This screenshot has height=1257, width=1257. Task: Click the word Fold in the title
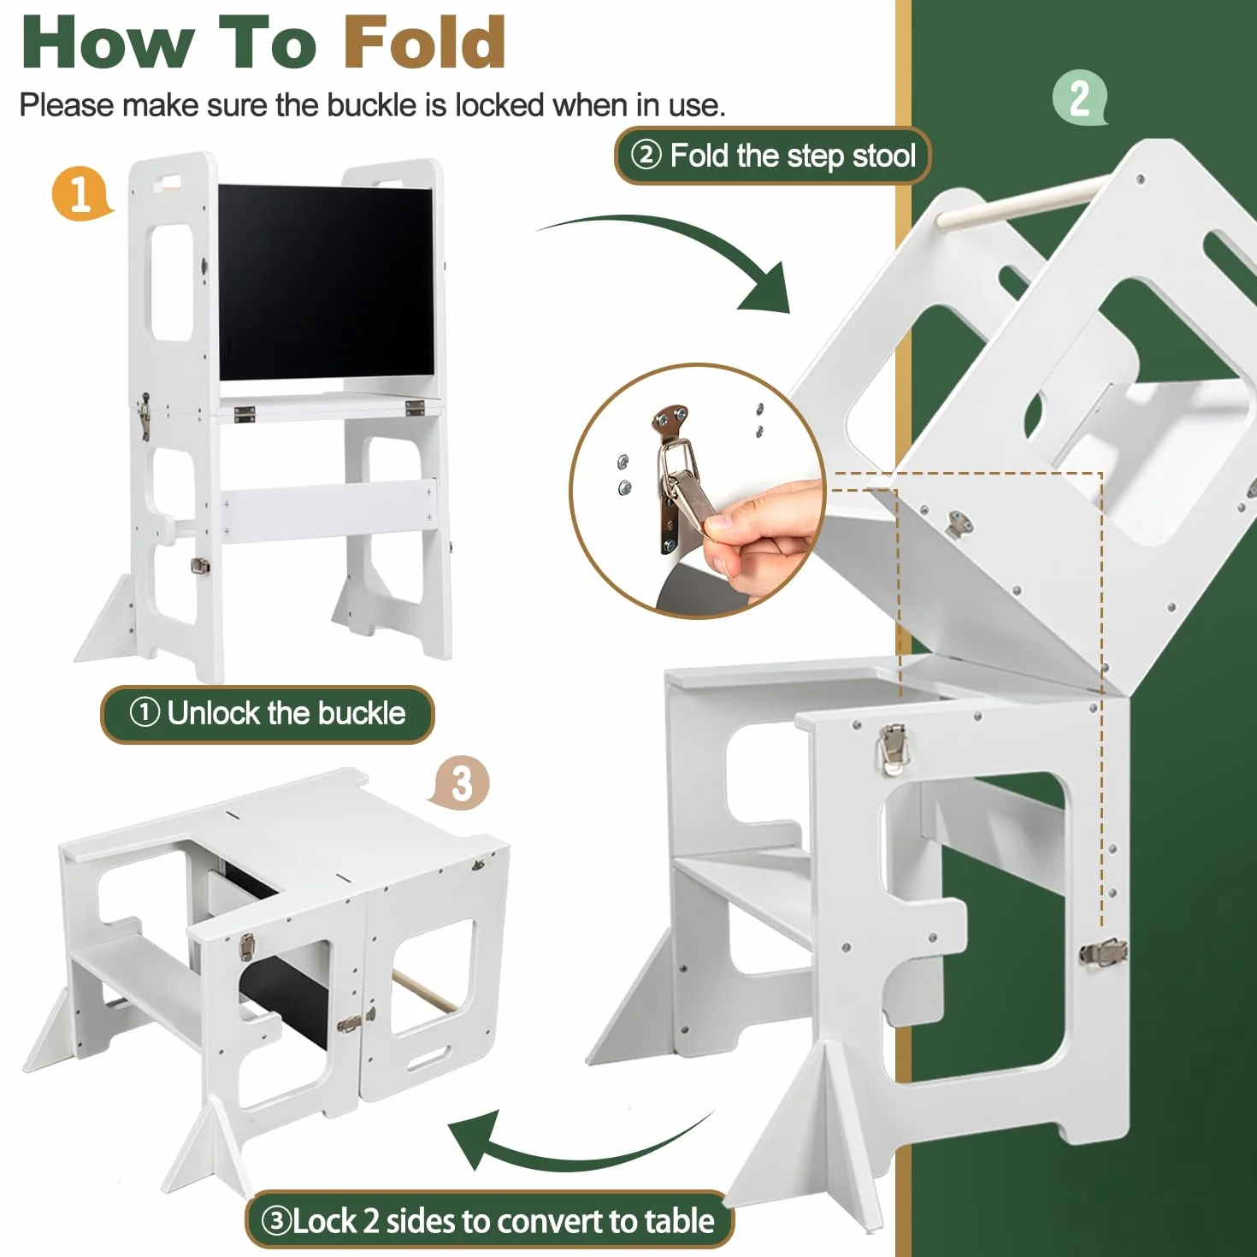click(x=425, y=43)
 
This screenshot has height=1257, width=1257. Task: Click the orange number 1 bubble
click(x=82, y=194)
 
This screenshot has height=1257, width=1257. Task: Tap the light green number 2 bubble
click(x=1080, y=97)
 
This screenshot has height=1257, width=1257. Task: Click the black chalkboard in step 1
click(x=326, y=283)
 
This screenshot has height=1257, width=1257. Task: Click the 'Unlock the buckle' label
click(x=268, y=714)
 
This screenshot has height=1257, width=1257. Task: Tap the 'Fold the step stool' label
click(x=772, y=156)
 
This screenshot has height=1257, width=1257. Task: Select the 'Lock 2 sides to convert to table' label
click(x=489, y=1220)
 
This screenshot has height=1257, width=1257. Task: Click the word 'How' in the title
click(x=108, y=43)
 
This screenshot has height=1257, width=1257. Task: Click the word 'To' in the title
click(x=269, y=43)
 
